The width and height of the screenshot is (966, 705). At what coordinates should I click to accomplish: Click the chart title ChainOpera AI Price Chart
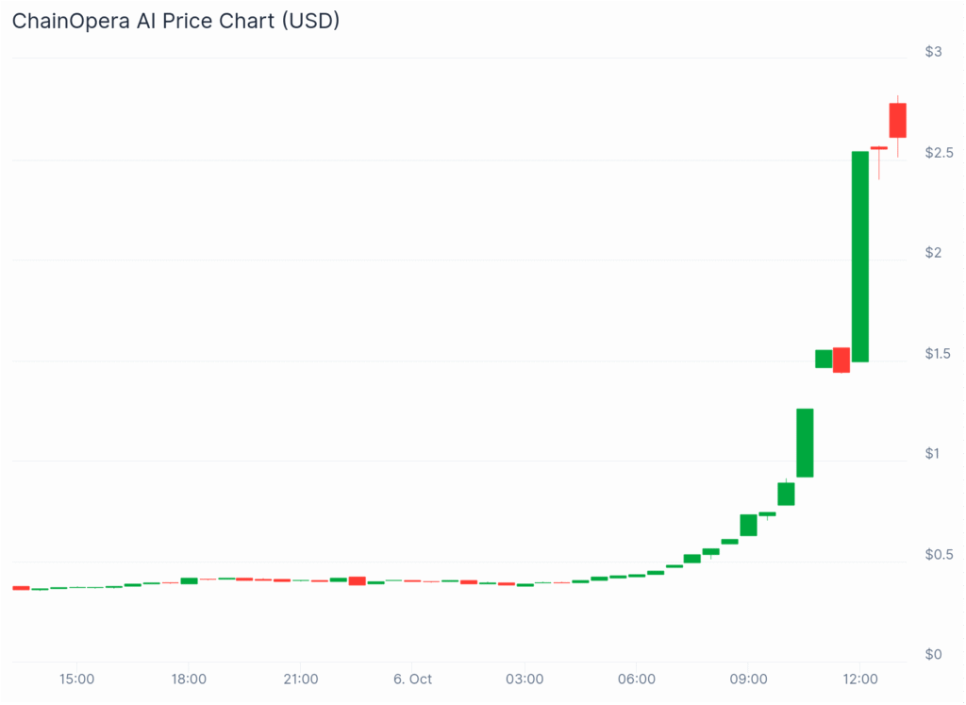click(x=175, y=21)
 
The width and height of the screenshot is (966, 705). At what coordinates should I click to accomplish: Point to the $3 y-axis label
click(x=933, y=51)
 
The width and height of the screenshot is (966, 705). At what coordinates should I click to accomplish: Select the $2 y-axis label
click(x=933, y=252)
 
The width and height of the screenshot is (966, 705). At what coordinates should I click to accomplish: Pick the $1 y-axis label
click(x=933, y=453)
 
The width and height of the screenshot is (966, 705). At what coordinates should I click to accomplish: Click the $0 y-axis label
click(x=933, y=654)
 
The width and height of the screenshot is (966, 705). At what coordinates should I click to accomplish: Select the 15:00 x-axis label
click(x=76, y=679)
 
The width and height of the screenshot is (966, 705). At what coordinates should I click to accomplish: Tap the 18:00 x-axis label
click(x=189, y=679)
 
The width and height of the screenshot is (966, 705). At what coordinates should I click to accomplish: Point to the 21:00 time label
click(x=300, y=679)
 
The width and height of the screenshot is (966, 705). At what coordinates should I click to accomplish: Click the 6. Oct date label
click(x=412, y=679)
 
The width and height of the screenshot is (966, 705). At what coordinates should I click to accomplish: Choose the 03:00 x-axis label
click(x=525, y=679)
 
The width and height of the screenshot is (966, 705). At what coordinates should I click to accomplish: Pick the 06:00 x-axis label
click(x=637, y=679)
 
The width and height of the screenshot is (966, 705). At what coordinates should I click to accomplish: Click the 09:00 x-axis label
click(x=748, y=679)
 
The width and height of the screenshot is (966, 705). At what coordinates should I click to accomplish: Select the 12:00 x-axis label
click(x=860, y=679)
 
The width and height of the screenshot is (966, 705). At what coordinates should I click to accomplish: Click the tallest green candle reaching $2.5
click(x=860, y=256)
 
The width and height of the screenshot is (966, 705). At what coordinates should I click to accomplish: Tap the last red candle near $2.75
click(x=897, y=121)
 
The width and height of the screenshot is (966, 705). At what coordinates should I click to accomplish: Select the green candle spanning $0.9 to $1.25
click(x=805, y=443)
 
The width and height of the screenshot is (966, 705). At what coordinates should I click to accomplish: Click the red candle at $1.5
click(x=841, y=360)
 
